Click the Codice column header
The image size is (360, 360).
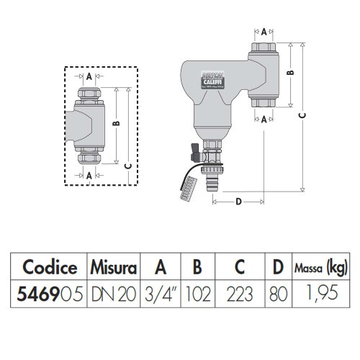[50, 268]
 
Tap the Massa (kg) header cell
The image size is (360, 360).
[319, 268]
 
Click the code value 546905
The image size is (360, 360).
[50, 294]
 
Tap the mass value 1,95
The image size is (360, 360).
[319, 294]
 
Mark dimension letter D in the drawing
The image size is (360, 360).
[239, 202]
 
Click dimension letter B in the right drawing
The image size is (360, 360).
[289, 73]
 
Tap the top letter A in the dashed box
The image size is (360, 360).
[89, 76]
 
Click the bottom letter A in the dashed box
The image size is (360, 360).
[89, 175]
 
